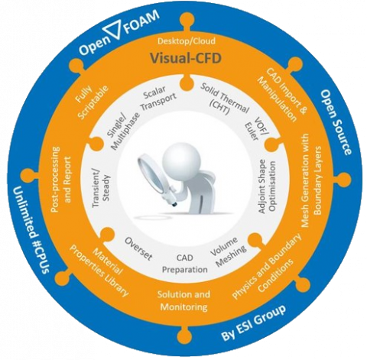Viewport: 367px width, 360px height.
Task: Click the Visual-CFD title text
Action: pos(185,58)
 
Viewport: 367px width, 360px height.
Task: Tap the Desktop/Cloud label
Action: pos(187,41)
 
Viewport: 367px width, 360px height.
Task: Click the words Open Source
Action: pos(335,122)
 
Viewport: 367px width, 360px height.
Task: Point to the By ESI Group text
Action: pos(253,323)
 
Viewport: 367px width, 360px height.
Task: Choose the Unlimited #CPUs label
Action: pos(30,229)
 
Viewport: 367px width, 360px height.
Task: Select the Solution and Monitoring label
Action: pos(183,300)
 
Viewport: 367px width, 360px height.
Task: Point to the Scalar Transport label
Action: pos(158,99)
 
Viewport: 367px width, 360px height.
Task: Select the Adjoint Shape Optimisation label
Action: pos(266,186)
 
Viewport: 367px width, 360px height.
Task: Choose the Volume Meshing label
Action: pos(228,251)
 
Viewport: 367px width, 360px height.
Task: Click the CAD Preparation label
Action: pos(185,264)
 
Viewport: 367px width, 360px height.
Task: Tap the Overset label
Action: pos(138,248)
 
